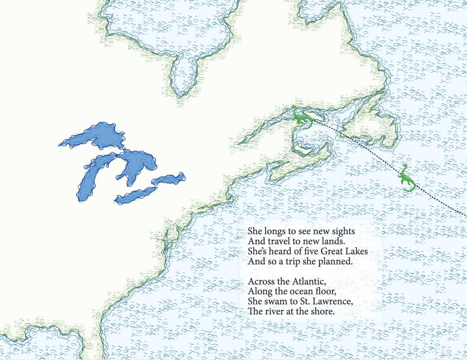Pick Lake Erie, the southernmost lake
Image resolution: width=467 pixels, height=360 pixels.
point(135,195)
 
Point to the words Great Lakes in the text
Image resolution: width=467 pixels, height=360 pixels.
point(344,251)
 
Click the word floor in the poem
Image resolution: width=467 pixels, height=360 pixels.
point(326,291)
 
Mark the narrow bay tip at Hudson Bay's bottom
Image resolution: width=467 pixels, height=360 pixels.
point(180,94)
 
